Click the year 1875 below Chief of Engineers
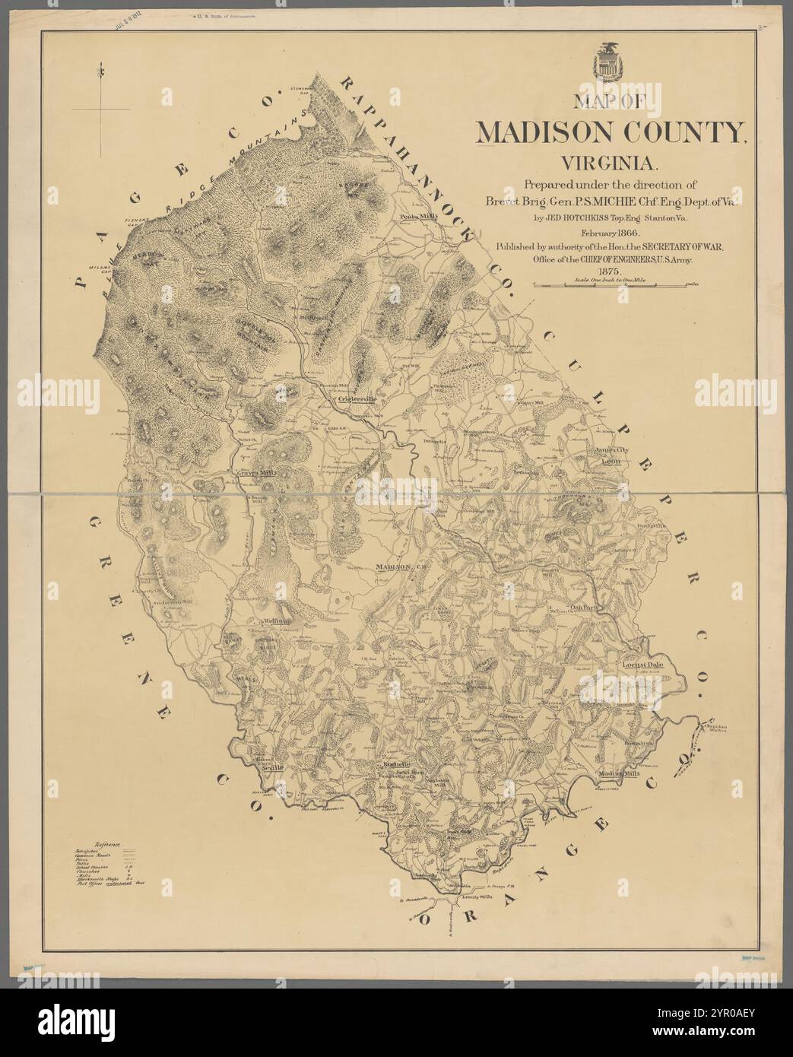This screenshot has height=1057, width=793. [610, 271]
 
